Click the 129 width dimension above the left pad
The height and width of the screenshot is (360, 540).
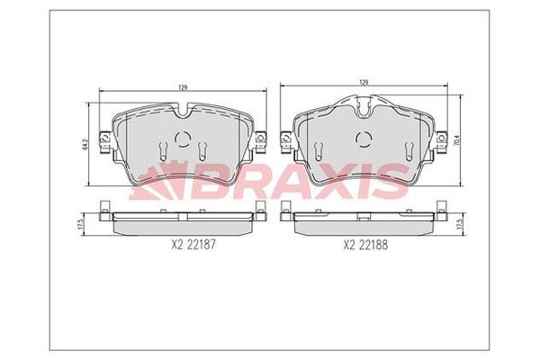pos(183,87)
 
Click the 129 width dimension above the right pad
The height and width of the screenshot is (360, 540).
pos(364,82)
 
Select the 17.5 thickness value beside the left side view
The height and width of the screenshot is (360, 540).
pos(81,223)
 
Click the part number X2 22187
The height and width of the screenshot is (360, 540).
pos(193,245)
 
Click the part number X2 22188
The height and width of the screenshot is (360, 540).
pos(365,245)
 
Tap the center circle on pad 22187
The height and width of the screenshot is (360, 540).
pos(183,139)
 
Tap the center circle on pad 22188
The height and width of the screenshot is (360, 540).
pos(364,139)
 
